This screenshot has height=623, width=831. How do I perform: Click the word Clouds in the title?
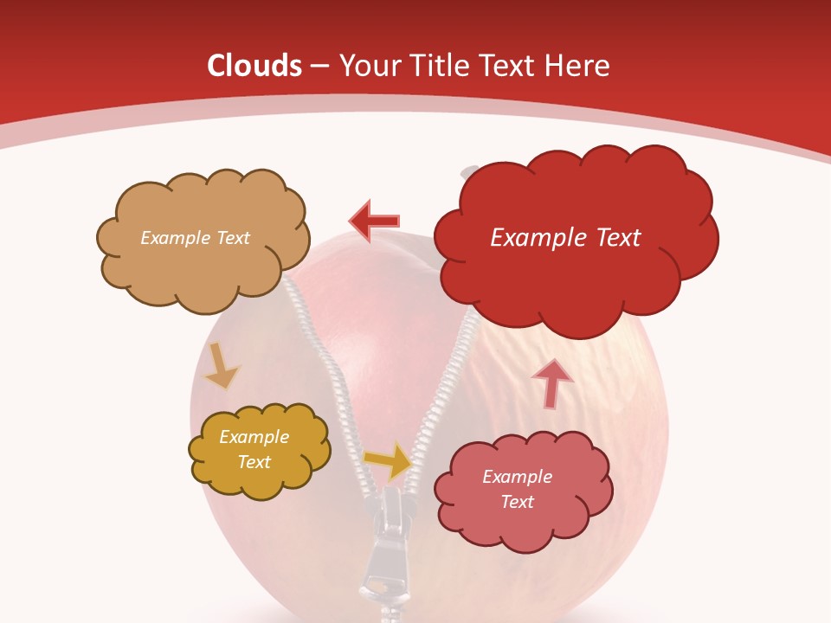[254, 66]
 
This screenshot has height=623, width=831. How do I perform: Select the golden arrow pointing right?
[389, 460]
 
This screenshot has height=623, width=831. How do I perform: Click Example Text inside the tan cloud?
[195, 238]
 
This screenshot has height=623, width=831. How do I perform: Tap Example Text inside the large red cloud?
[565, 238]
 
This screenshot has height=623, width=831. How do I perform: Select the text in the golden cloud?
[254, 450]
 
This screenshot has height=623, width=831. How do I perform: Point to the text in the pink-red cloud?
[517, 490]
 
